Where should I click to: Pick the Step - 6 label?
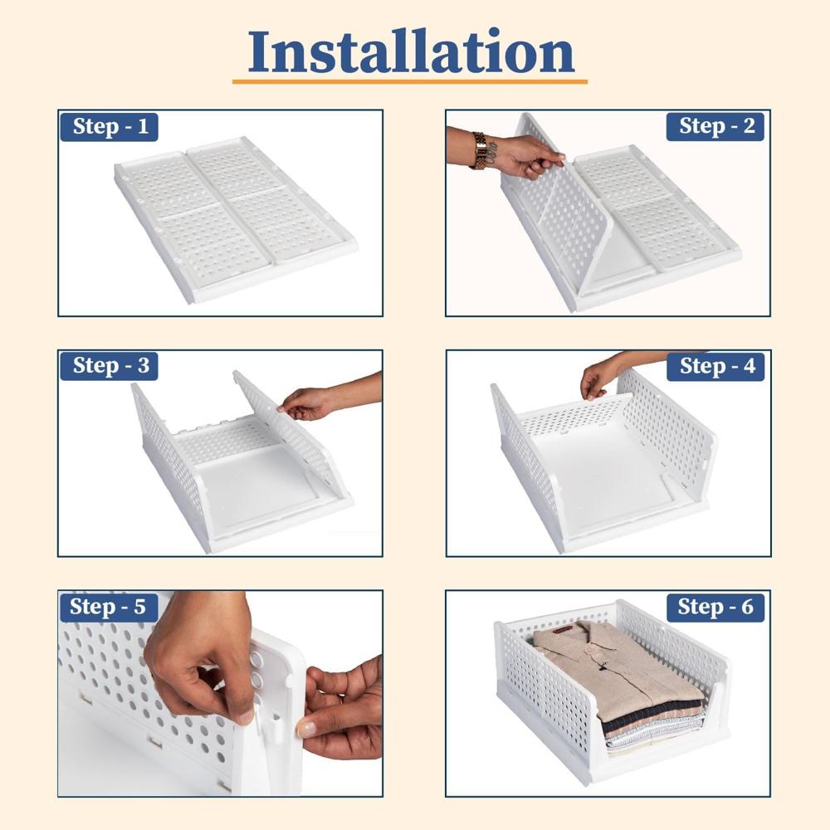point(715,607)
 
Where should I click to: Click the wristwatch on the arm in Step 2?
point(481,150)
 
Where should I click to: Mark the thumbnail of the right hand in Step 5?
point(307,729)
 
